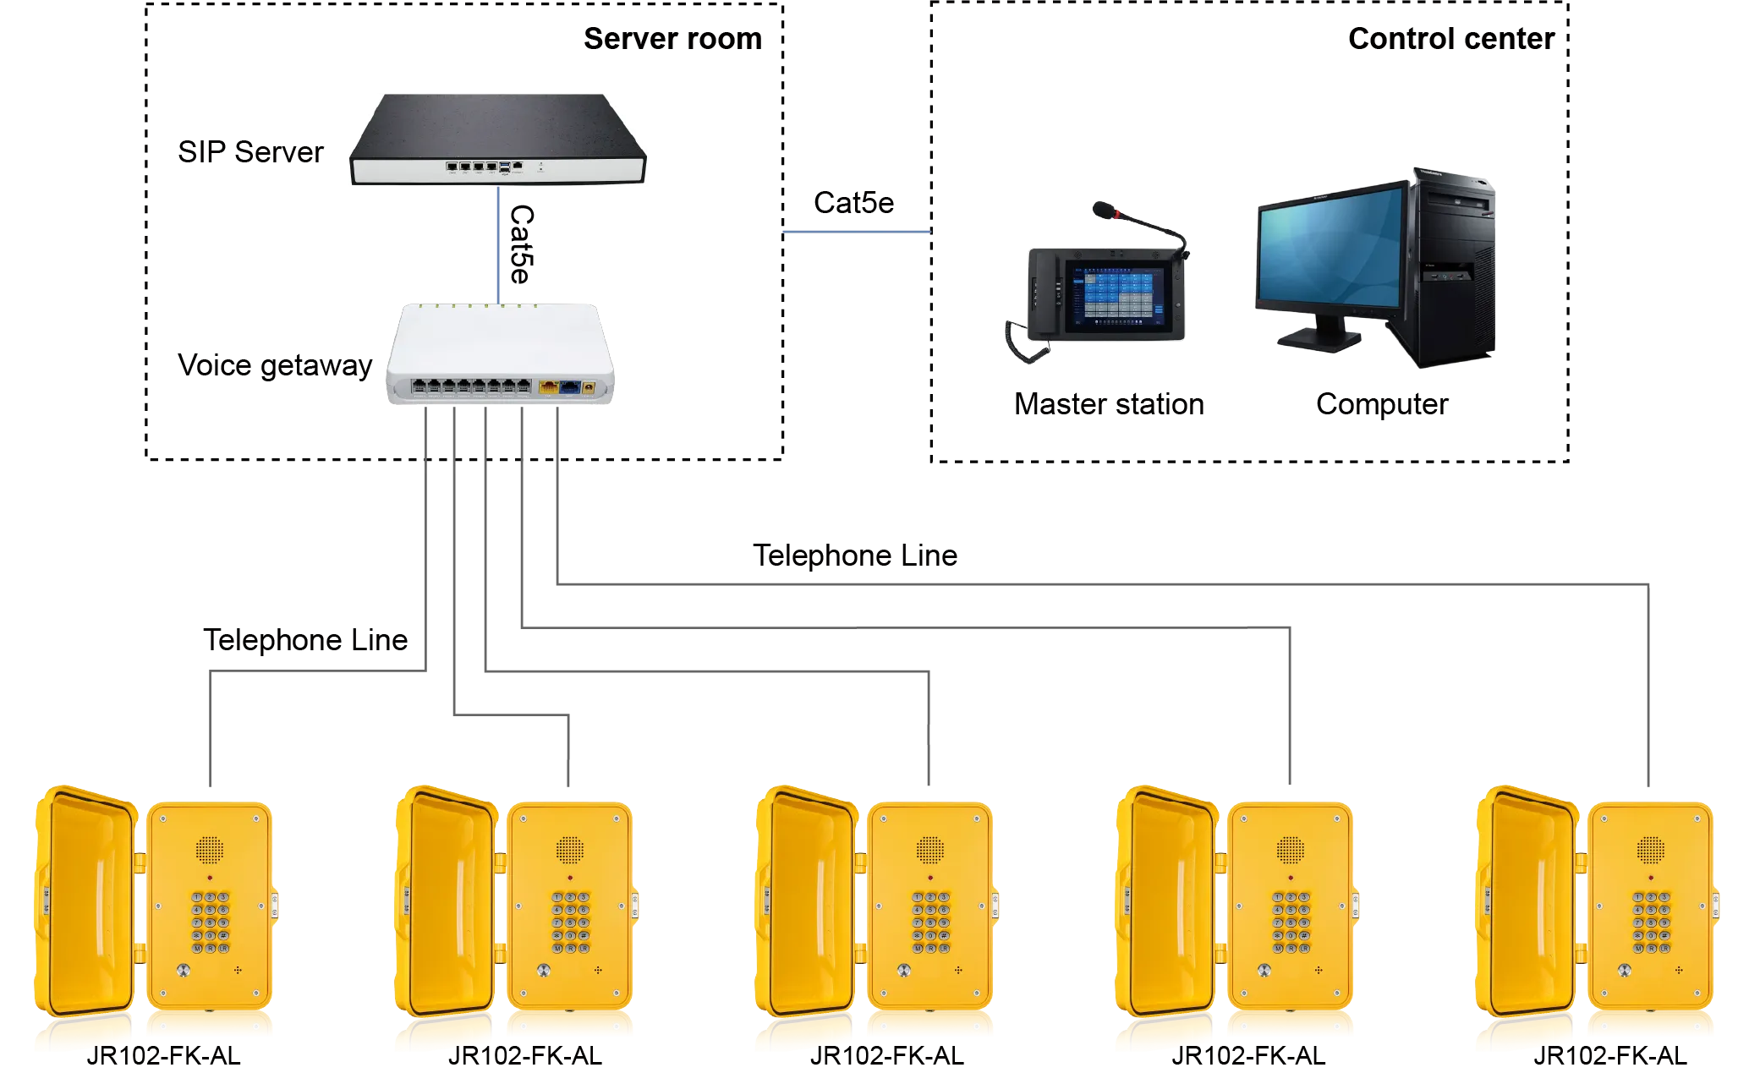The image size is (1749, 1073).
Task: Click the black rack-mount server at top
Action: coord(497,140)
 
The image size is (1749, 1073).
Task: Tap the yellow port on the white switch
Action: coord(548,387)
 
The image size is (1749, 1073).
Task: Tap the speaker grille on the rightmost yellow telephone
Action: coord(1650,849)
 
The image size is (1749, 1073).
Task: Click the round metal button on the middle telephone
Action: coord(904,971)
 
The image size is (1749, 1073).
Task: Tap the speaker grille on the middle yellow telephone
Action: coord(929,849)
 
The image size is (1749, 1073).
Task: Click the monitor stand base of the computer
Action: coord(1320,339)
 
